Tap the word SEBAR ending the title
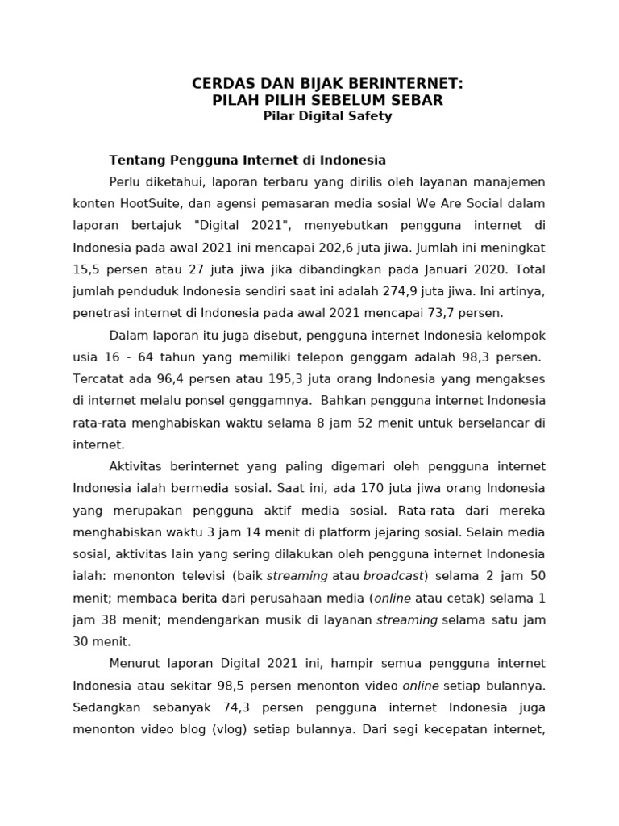(418, 100)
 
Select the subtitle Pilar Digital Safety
(327, 115)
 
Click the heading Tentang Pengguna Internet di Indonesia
(247, 160)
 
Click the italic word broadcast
(394, 576)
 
